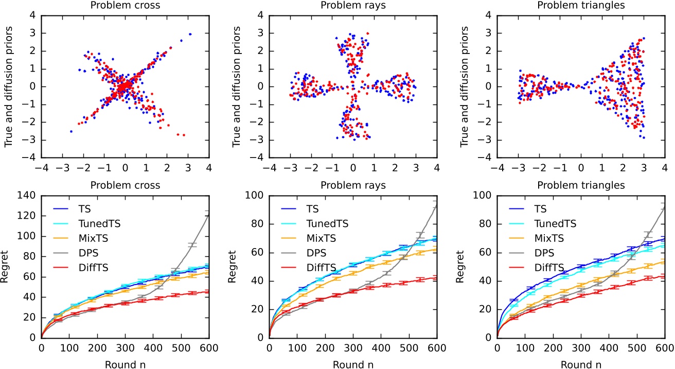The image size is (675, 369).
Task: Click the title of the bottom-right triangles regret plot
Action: tap(580, 185)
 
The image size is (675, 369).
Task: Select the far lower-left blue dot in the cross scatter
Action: tap(71, 131)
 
